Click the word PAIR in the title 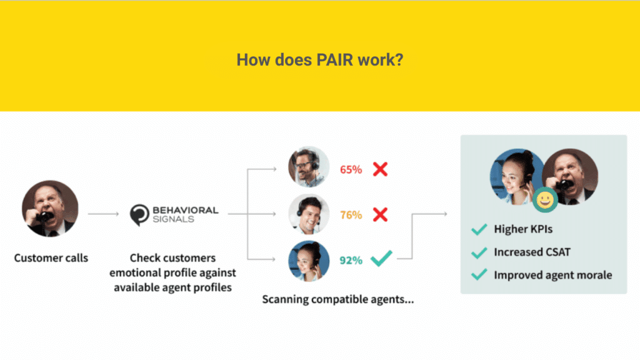coord(334,59)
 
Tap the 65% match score coord(351,169)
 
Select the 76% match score coord(351,215)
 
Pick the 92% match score coord(351,260)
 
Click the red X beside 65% coord(380,169)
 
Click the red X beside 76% coord(380,214)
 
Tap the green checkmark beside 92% coord(381,258)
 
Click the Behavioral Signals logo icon coord(139,215)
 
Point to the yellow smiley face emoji coord(545,200)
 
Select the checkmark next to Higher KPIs coord(479,229)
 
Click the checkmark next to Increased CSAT coord(479,252)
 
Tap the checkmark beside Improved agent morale coord(479,274)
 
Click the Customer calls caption coord(51,258)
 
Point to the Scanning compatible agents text coord(338,299)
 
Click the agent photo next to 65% coord(309,166)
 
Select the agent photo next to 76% coord(309,214)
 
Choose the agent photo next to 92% coord(309,261)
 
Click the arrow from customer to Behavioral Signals coord(103,214)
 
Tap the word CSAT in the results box coord(557,252)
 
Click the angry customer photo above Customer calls coord(50,209)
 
